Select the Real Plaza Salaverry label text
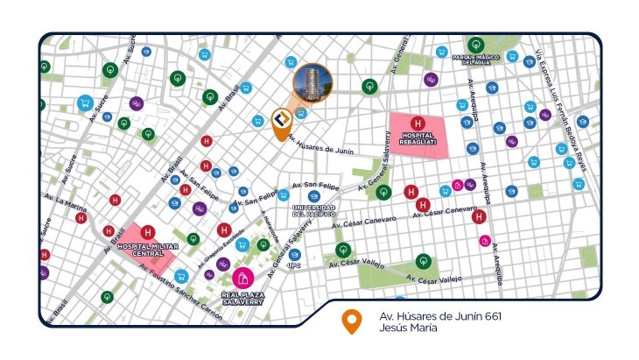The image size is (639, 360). coord(238,296)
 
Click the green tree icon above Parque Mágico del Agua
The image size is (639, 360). coord(475,44)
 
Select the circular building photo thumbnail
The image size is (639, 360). coord(312,85)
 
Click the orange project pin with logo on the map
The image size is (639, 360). coord(281,124)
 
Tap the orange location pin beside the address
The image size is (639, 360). coord(351,321)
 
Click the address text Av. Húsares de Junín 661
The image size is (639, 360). coord(439,315)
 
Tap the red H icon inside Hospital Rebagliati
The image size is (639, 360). coord(418,123)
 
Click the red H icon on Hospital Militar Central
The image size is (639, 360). coord(148,232)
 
